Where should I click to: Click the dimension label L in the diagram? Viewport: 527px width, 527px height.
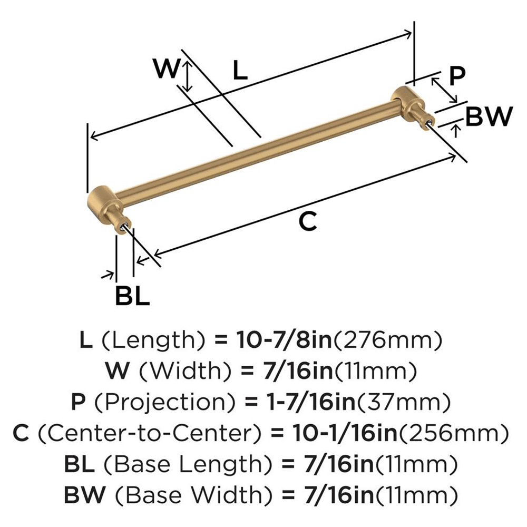tap(239, 70)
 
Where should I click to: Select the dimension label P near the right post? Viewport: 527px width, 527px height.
tap(457, 76)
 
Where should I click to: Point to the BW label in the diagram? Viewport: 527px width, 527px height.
tap(490, 117)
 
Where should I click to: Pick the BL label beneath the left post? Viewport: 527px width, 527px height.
tap(132, 297)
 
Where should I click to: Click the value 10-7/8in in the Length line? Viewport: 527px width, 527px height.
tap(283, 341)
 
